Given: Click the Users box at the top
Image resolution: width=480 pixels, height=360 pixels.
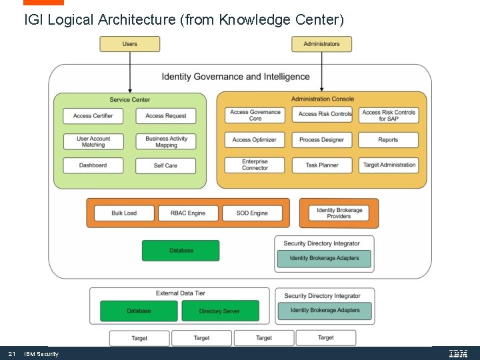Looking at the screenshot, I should (x=130, y=44).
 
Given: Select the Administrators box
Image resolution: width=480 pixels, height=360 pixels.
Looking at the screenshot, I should (x=321, y=44).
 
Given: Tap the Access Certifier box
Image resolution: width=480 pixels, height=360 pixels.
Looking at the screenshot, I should (x=93, y=116).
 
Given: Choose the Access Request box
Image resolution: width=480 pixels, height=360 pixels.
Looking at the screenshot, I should (x=166, y=116).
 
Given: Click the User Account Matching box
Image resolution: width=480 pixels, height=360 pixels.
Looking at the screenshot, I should (x=93, y=142).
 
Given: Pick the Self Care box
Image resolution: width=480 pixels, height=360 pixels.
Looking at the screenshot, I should (x=166, y=165).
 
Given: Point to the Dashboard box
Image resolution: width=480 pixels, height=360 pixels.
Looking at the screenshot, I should (x=93, y=165).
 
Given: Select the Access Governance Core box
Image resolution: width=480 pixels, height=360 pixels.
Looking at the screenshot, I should (x=255, y=115).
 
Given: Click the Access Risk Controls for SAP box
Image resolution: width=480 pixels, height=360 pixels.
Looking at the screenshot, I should (x=389, y=115).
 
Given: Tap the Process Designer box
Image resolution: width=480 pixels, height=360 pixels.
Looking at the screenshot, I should (x=321, y=140).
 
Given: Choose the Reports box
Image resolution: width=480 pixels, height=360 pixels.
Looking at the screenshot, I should (x=389, y=140).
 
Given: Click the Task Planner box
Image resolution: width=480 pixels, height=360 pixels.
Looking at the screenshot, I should (x=321, y=165).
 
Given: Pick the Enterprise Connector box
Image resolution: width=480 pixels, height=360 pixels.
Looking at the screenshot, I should (x=255, y=165).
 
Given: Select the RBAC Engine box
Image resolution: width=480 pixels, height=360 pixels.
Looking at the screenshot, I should (x=188, y=213).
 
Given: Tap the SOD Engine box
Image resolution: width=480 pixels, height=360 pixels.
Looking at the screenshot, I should (x=252, y=213).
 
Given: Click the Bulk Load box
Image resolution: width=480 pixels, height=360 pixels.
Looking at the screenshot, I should (x=124, y=213).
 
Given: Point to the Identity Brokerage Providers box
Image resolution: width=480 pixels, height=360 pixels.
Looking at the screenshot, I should (x=339, y=213).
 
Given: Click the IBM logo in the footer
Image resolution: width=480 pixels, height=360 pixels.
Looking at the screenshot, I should (x=458, y=353).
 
